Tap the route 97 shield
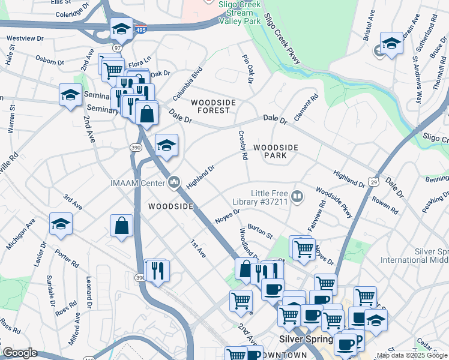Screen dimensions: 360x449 tap(118, 47)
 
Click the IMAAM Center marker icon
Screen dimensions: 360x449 tap(175, 181)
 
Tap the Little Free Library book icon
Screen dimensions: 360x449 tap(297, 196)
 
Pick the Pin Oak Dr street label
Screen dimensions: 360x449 tap(247, 69)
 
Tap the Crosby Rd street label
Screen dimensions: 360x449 tap(243, 146)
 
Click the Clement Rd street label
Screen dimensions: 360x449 tap(305, 107)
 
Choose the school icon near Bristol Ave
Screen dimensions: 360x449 tap(391, 43)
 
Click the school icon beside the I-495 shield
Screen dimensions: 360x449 tap(121, 28)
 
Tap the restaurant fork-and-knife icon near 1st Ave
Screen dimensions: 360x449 tap(157, 269)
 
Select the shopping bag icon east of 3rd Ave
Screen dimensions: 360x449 tap(121, 226)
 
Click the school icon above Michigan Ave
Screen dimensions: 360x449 tap(61, 224)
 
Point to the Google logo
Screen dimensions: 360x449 tap(19, 353)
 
